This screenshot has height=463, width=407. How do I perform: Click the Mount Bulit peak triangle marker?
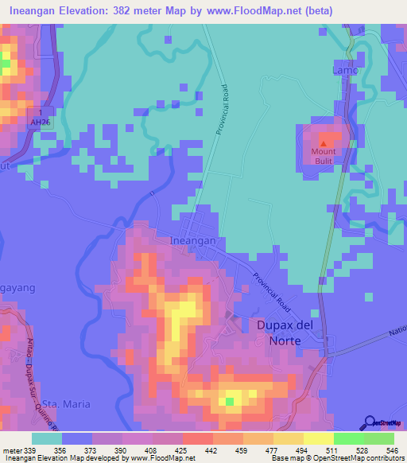click(324, 142)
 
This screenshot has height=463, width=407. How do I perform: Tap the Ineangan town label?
click(193, 239)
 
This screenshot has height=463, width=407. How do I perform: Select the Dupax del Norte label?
click(278, 333)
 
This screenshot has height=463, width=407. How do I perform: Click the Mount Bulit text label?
click(324, 156)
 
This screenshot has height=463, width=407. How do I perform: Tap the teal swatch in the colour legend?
click(47, 439)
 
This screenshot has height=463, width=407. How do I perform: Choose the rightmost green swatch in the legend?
click(379, 439)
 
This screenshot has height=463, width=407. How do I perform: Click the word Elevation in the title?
click(92, 11)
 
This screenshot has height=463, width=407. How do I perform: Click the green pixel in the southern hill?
click(230, 400)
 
